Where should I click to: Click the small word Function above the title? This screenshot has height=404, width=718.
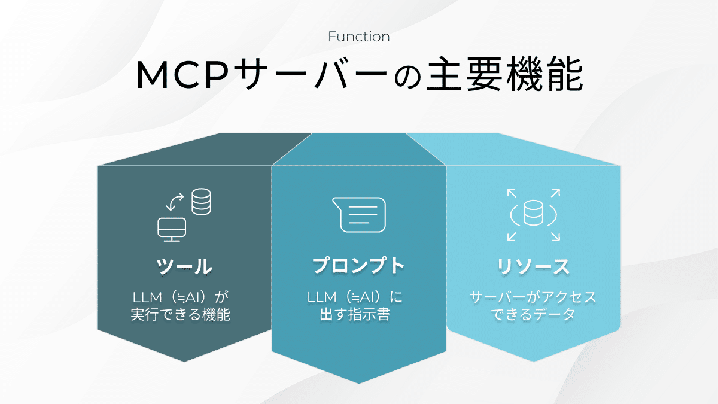359,37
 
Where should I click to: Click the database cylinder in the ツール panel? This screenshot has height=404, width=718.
202,202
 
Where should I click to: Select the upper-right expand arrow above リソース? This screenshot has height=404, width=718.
555,193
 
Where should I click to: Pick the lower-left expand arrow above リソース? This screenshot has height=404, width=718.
512,236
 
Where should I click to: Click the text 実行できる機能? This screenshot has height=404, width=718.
180,315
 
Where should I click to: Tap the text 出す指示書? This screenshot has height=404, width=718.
355,315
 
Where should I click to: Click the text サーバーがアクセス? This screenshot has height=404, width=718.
533,297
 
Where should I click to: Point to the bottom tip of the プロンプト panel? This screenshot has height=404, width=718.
359,382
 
